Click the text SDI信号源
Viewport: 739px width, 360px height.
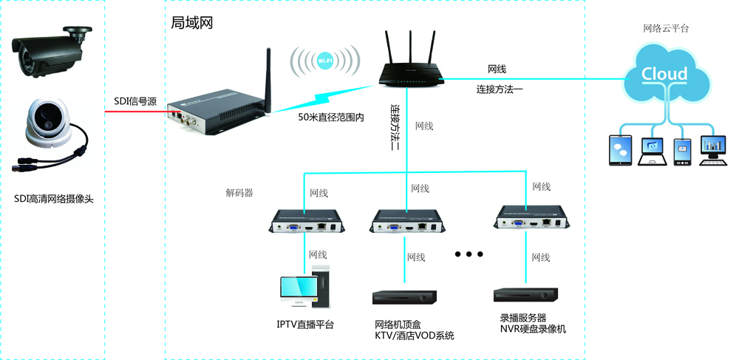tap(134, 102)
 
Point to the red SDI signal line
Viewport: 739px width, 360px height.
tap(134, 112)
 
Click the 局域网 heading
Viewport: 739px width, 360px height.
tap(191, 23)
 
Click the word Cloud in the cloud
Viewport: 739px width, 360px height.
tap(664, 74)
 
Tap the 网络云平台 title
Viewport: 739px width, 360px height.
tap(666, 29)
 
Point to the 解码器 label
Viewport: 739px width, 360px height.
tap(239, 193)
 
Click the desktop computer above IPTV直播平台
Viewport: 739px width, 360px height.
tap(304, 286)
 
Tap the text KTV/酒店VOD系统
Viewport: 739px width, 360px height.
tap(414, 336)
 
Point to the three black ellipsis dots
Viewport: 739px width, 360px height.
tap(469, 254)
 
